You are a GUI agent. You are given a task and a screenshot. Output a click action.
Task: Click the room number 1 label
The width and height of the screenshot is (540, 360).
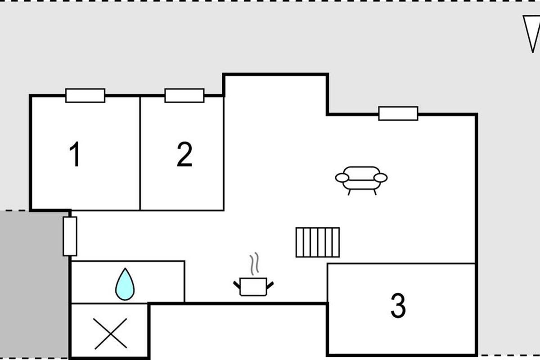(75, 154)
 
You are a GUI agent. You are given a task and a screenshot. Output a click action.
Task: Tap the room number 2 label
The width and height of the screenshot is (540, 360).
(184, 154)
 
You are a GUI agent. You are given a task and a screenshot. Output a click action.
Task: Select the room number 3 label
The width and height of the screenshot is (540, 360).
(398, 306)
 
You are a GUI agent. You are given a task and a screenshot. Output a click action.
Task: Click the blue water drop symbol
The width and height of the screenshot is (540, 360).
(125, 284)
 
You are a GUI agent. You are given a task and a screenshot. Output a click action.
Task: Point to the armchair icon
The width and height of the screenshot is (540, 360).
(361, 180)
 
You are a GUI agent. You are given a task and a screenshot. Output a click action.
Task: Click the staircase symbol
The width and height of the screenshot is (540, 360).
(318, 243)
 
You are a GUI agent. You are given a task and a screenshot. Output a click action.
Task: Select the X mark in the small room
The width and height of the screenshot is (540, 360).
(111, 334)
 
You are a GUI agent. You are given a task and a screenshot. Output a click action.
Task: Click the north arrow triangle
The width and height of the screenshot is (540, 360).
(531, 34)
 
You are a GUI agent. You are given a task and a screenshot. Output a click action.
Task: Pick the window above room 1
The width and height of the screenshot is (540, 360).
(85, 96)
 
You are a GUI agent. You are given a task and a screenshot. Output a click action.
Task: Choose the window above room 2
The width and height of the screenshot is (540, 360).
(184, 96)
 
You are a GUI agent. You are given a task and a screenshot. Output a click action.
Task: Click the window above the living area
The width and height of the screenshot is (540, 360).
(398, 113)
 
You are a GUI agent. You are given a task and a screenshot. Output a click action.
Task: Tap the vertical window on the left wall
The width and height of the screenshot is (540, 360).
(70, 236)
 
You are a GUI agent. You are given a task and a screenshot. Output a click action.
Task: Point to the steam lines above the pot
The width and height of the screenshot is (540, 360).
(254, 264)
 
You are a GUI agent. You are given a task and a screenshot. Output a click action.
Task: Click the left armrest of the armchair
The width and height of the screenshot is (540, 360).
(342, 178)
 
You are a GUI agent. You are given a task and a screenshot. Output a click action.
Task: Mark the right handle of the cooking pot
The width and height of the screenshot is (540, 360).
(270, 285)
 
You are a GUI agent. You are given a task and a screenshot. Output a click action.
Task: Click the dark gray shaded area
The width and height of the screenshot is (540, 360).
(34, 284)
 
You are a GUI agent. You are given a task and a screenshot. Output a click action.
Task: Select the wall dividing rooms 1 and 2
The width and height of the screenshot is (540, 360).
(140, 153)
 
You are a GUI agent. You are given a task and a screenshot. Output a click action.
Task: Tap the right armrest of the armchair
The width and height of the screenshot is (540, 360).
(381, 178)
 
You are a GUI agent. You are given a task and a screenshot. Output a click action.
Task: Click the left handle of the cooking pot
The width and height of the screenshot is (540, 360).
(237, 285)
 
